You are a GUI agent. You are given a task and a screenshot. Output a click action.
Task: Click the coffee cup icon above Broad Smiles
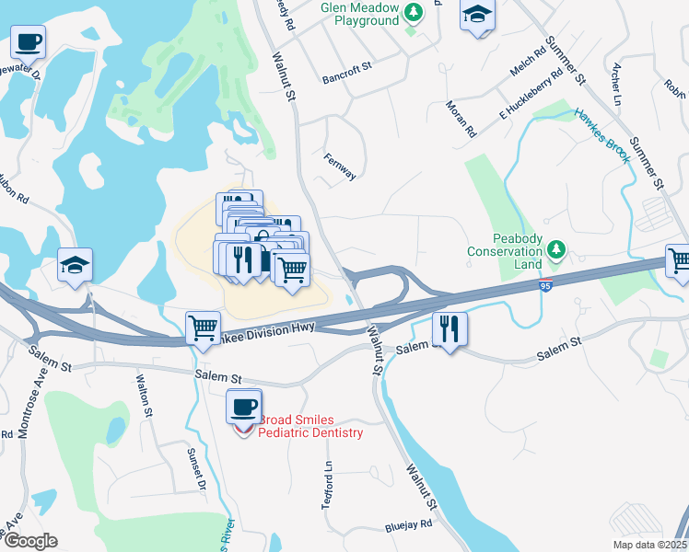(244, 405)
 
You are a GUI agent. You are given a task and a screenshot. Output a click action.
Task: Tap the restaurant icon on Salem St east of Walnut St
(450, 329)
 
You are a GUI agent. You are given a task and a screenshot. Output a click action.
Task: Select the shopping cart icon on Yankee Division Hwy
(203, 328)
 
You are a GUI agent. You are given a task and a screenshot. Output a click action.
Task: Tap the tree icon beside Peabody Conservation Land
(555, 249)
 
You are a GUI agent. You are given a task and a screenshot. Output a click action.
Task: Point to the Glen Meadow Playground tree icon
(415, 12)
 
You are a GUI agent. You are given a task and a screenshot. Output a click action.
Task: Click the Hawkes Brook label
(603, 136)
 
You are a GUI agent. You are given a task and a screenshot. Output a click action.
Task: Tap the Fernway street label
(339, 167)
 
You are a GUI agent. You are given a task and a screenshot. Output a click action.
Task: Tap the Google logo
(29, 541)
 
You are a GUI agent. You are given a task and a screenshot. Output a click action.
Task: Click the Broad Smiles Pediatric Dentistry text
(311, 426)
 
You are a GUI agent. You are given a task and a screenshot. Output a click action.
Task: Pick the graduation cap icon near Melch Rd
(477, 15)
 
